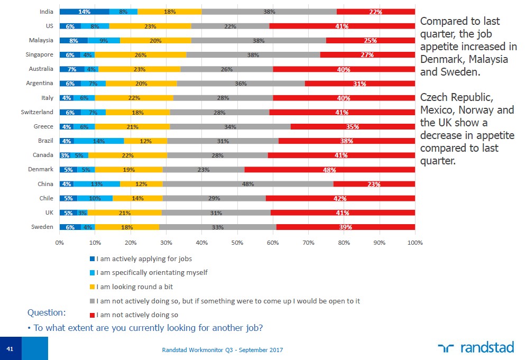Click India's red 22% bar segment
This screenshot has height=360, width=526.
point(376,11)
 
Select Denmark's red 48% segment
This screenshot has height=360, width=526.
point(330,170)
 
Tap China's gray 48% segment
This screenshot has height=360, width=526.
point(248,184)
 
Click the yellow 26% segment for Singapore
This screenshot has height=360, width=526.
point(141,54)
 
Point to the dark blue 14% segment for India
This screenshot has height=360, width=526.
point(84,11)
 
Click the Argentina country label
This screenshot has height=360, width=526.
point(39,83)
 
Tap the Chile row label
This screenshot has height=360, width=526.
point(45,198)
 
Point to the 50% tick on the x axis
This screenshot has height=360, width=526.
point(237,243)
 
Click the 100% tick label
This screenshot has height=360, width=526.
point(415,243)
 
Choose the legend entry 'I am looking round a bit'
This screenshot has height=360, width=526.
point(135,287)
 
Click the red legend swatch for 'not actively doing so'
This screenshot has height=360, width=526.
point(92,315)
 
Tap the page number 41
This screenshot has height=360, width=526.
point(10,349)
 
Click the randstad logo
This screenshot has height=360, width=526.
point(476,347)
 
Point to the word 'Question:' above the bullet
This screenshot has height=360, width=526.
point(47,312)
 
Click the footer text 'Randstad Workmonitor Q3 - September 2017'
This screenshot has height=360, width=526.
point(222,350)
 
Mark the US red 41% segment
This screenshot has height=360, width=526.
point(342,25)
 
